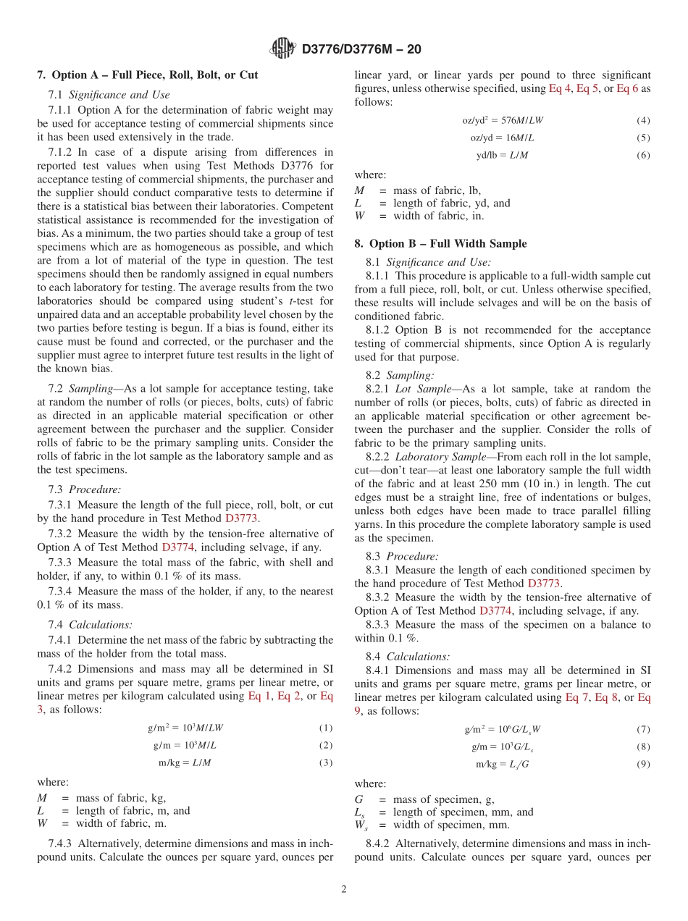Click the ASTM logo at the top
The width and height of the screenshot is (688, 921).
coord(283,49)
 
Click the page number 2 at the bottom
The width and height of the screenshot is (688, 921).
coord(344,889)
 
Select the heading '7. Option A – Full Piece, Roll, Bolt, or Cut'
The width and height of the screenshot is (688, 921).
coord(148,75)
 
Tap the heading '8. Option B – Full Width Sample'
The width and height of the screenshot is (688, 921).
coord(440,243)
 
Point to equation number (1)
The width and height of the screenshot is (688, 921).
coord(326,728)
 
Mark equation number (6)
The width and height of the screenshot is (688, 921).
coord(643,155)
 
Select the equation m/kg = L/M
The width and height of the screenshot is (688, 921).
coord(185,762)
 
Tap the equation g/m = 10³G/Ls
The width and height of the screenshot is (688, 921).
coord(500,747)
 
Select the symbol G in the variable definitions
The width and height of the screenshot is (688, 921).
coord(358,799)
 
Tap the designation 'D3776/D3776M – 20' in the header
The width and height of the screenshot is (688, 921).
coord(361,49)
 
